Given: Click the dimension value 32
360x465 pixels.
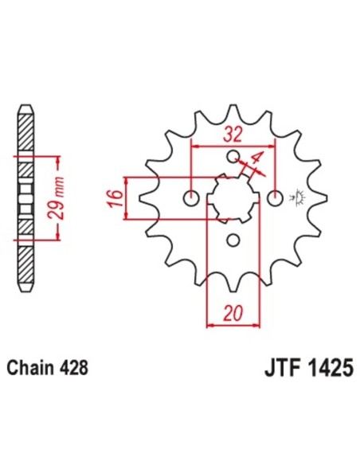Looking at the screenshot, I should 233,134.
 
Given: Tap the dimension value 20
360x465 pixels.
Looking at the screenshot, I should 233,312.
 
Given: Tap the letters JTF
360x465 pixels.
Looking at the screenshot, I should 279,369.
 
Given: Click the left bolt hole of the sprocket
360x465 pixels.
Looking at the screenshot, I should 191,197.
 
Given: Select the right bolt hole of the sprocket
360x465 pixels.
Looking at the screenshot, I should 276,197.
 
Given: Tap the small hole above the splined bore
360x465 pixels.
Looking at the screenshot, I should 233,155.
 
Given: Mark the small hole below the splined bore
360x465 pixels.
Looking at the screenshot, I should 233,240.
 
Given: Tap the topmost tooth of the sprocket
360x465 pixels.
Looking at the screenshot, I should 233,111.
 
